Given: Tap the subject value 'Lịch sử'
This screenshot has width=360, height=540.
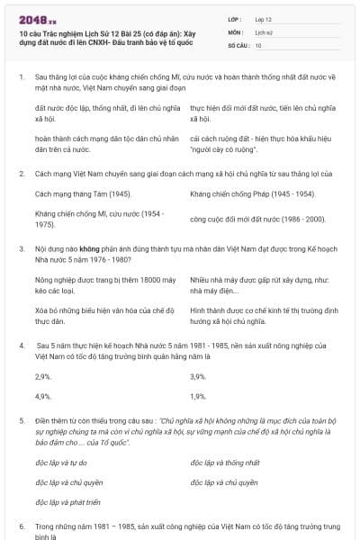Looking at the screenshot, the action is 264,31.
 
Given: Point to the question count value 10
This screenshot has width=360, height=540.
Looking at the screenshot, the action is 258,44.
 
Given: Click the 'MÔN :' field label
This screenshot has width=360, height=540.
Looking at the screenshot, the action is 236,31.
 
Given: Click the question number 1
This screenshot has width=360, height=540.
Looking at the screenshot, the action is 21,78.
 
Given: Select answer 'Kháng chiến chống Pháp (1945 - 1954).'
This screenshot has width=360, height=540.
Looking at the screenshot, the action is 252,193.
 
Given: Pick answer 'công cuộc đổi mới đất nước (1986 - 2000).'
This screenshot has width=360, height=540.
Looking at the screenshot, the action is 257,219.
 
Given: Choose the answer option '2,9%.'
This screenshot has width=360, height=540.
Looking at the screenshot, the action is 42,376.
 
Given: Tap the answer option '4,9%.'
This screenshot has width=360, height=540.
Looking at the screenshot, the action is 42,396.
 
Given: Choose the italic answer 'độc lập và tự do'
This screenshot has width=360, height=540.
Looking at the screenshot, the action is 60,463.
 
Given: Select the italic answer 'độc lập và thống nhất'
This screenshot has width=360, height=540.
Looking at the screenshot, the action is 225,463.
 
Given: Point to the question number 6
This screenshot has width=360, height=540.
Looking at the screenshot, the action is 21,525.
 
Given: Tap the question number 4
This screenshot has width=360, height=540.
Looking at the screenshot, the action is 21,345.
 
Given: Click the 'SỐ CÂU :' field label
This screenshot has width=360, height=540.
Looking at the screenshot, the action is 238,44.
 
